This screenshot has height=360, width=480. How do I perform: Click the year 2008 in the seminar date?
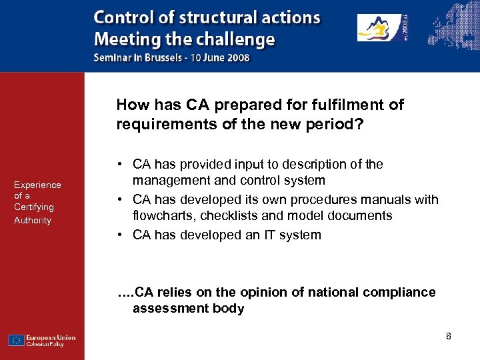click(238, 57)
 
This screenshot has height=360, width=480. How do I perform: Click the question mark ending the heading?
click(360, 124)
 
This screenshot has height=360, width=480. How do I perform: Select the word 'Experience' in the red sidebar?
click(37, 185)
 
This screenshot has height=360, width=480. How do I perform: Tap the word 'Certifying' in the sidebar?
click(34, 207)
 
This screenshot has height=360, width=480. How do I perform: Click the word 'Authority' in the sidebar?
click(33, 220)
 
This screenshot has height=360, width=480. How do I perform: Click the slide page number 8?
click(449, 336)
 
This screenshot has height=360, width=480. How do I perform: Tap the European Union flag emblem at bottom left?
click(17, 340)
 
